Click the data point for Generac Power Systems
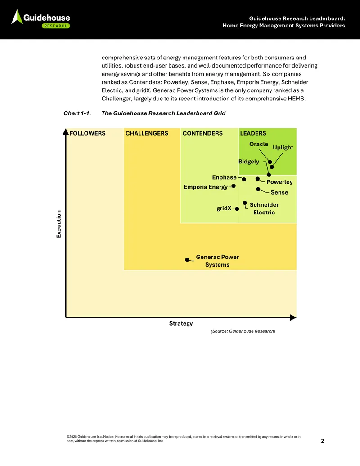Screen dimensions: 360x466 tap(187, 260)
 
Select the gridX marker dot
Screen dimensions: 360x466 tap(237, 208)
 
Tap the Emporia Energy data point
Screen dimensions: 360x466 tap(234, 186)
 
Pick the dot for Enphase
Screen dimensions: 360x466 tap(244, 179)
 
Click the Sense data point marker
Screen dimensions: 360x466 tap(258, 189)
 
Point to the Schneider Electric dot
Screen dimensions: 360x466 tap(245, 203)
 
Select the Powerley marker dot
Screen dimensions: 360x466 tap(257, 179)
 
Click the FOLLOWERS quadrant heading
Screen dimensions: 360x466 tap(88, 133)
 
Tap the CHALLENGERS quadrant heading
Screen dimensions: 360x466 tap(147, 133)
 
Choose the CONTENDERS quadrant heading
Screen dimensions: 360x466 tap(202, 133)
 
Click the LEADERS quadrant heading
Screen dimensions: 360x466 tap(253, 133)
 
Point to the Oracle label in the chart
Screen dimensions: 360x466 tap(259, 144)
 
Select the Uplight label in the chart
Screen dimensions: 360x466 tap(283, 147)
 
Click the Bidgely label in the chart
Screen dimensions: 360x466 tap(249, 162)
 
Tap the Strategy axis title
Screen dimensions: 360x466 tap(181, 323)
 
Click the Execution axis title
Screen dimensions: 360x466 tap(59, 224)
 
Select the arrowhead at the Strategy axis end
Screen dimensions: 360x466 tap(293, 317)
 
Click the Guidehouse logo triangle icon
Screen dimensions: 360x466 tap(17, 17)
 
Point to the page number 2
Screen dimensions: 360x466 tap(323, 441)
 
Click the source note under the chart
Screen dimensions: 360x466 tap(243, 331)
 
